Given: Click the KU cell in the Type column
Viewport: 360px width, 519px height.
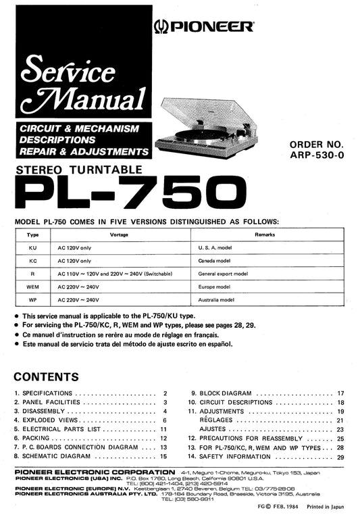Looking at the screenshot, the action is tap(32, 247).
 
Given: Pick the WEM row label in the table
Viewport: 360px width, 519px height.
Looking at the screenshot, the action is tap(32, 287).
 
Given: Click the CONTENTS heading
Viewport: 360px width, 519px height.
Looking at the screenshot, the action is tap(46, 376).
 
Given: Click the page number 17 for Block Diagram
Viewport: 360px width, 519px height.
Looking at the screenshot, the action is tap(341, 393).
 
